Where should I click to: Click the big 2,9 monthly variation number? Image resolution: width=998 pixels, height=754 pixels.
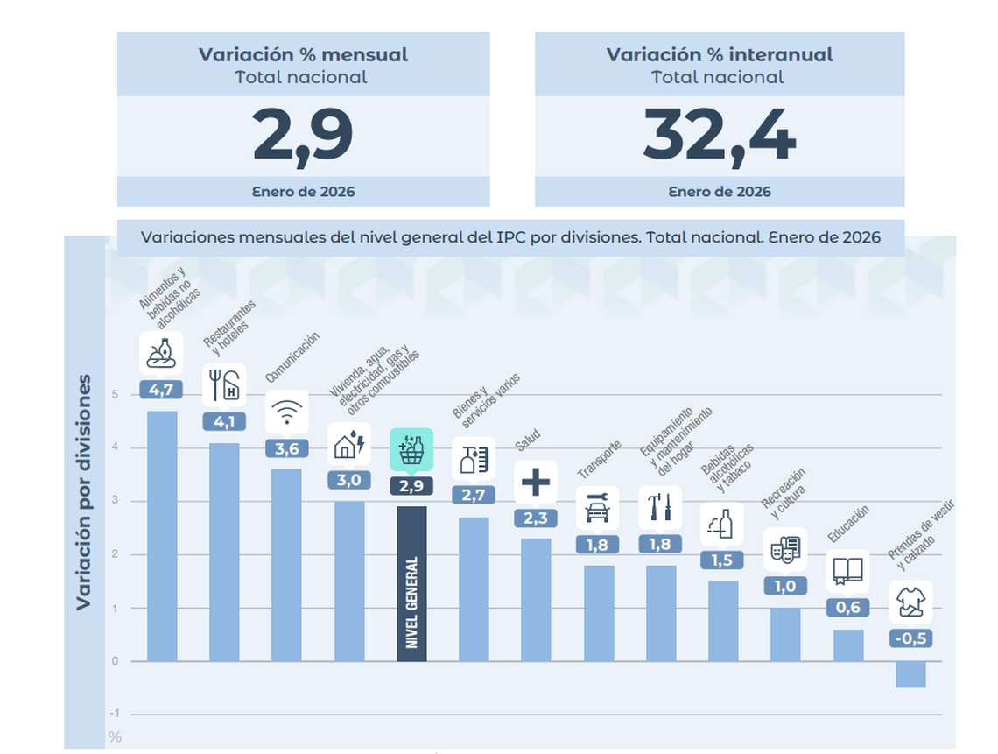coord(303,136)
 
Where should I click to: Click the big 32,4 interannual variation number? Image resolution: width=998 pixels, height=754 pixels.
coord(719,136)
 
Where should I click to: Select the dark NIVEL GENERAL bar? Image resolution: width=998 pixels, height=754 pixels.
coord(411,583)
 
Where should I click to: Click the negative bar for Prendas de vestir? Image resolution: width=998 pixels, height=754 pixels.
coord(910,674)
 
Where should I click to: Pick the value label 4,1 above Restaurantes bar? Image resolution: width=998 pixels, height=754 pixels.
coord(224,421)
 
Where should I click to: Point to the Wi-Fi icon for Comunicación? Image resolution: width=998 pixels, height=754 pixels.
coord(286,412)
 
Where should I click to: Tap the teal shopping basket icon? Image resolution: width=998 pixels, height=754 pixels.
coord(411,450)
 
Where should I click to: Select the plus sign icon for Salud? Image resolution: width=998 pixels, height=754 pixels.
coord(536,483)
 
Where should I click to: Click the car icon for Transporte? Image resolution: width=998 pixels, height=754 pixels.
coord(598,508)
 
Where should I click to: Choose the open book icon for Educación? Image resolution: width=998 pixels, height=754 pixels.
coord(847,571)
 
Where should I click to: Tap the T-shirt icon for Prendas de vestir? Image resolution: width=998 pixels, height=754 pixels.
coord(910,602)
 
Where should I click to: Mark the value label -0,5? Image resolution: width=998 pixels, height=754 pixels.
coord(910,638)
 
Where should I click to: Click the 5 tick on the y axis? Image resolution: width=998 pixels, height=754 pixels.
coord(115,394)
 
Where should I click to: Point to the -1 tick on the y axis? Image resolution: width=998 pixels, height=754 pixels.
coord(115,715)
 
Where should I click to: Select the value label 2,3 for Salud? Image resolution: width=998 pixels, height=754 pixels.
coord(536,518)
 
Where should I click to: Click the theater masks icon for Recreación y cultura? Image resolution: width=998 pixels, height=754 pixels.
coord(785,550)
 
